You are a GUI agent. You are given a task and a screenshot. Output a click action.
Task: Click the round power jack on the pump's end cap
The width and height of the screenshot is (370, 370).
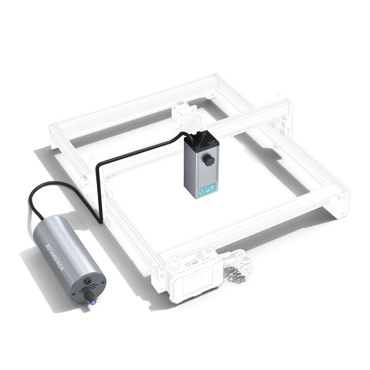(88, 281)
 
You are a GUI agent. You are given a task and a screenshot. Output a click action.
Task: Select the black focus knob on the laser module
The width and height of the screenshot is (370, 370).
(208, 161)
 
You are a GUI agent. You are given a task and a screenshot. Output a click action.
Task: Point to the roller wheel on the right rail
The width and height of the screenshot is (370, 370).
(284, 130)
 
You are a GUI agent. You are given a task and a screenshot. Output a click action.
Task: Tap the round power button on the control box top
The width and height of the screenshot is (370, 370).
(208, 250)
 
